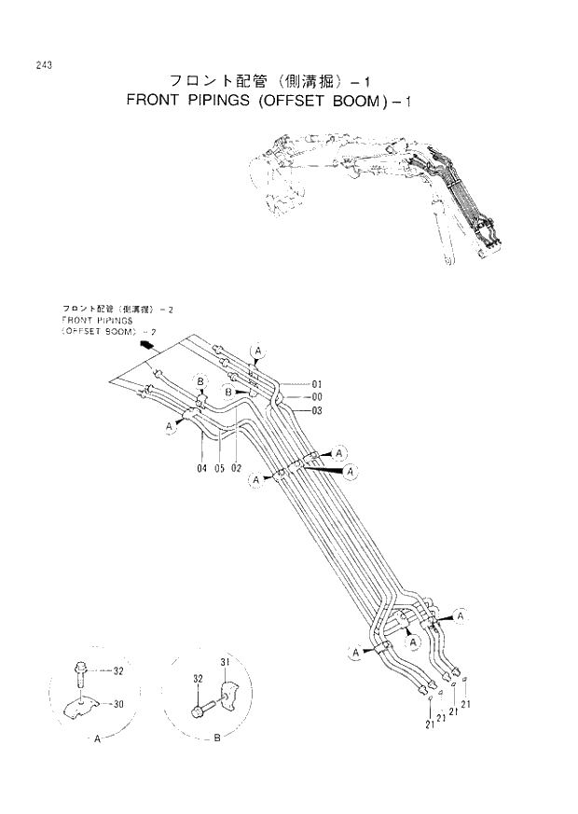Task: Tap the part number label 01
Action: [x=316, y=384]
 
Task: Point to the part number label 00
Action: [x=316, y=397]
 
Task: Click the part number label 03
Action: [x=316, y=410]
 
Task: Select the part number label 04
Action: [x=201, y=468]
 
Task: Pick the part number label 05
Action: [x=219, y=468]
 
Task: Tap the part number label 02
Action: [x=237, y=468]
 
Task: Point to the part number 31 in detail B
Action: [x=224, y=661]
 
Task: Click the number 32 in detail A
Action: [x=118, y=670]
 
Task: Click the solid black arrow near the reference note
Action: [x=145, y=346]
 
